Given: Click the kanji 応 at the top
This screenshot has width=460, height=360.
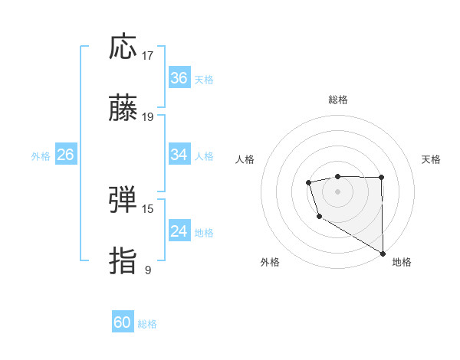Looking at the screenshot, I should click(x=123, y=47).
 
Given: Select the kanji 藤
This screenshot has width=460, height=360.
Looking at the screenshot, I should click(x=123, y=109).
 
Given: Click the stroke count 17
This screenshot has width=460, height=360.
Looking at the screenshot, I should click(x=148, y=55).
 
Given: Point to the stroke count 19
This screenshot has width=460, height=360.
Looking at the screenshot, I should click(x=148, y=117).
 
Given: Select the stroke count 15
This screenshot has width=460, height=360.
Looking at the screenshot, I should click(x=148, y=208).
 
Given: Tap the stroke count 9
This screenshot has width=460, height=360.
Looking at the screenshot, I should click(x=148, y=270).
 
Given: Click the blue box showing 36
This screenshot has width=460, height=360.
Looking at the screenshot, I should click(x=179, y=78).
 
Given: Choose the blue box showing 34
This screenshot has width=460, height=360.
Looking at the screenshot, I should click(x=179, y=155).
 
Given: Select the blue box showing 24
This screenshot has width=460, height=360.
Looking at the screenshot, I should click(x=179, y=231).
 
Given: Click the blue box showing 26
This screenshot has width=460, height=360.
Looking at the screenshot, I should click(x=65, y=155).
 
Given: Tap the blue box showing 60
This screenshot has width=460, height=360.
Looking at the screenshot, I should click(x=123, y=322).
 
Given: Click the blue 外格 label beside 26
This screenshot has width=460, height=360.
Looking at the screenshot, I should click(x=41, y=155).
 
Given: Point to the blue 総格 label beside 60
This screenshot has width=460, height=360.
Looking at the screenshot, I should click(x=147, y=324).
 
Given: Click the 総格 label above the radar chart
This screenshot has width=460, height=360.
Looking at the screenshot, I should click(x=338, y=100).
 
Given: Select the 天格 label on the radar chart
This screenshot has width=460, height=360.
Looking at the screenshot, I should click(x=431, y=159).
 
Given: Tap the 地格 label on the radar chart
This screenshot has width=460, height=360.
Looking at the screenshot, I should click(x=402, y=262).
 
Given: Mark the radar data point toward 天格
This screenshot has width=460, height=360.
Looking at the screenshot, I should click(x=381, y=178).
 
